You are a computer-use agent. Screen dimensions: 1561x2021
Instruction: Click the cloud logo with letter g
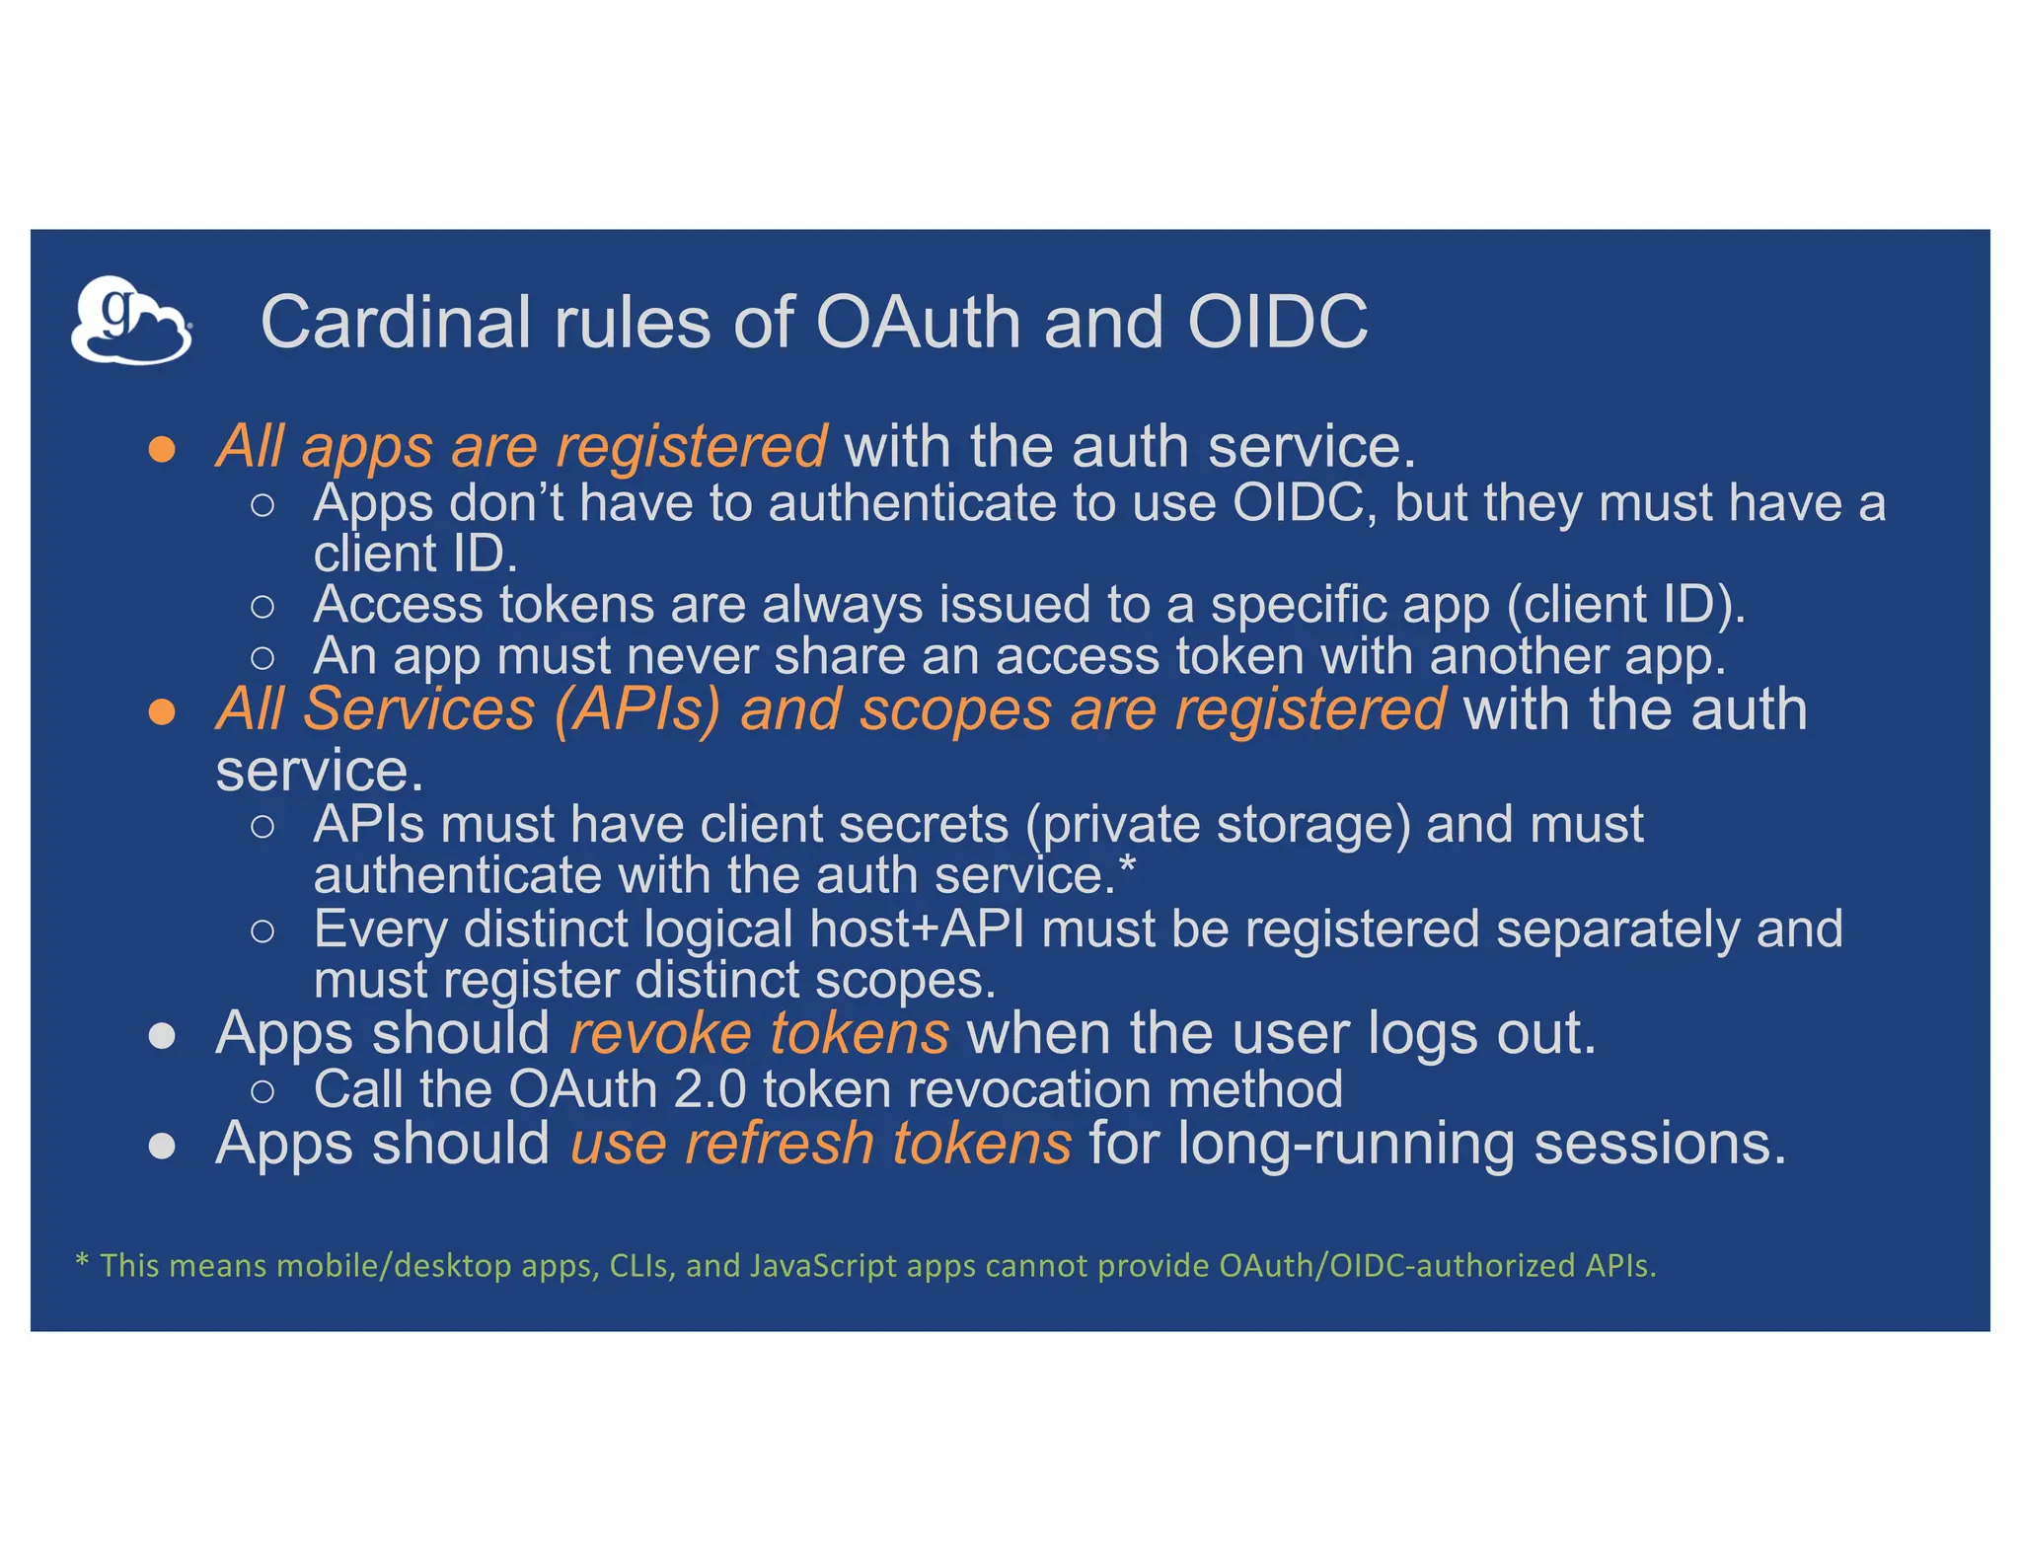130,321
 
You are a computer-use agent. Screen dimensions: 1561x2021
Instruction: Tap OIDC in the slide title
1277,323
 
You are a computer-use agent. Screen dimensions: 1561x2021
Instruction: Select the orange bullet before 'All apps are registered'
162,450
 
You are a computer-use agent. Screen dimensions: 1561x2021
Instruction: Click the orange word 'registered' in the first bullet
691,448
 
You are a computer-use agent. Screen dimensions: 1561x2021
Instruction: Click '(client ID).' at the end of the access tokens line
1625,605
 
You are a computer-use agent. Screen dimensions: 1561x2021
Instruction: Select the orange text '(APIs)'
636,709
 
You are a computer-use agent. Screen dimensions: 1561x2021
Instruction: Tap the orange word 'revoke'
660,1034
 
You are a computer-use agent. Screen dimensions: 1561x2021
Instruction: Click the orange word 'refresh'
780,1145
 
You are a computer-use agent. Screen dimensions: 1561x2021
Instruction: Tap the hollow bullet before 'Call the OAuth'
262,1091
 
